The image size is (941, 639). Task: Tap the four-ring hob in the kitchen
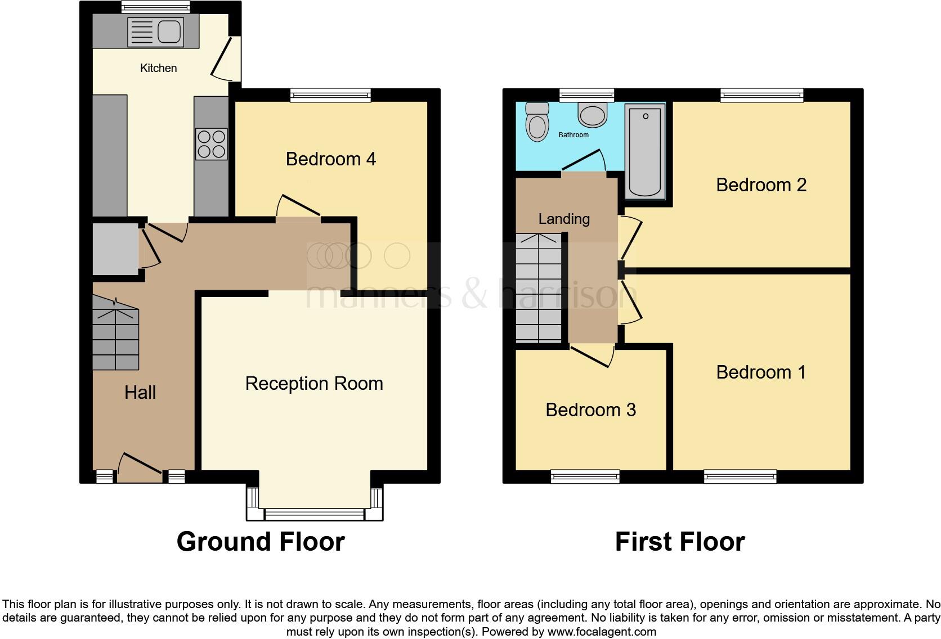point(212,144)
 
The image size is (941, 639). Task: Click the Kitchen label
point(158,68)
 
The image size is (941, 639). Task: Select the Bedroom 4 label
point(330,159)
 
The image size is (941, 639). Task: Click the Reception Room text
point(314,384)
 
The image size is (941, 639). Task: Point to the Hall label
point(140,393)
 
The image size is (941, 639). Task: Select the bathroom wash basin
point(592,115)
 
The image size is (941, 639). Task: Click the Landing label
point(564,219)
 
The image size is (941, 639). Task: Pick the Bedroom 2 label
point(761,185)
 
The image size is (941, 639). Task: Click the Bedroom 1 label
point(761,372)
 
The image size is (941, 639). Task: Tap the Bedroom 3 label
point(590,410)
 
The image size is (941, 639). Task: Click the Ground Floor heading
point(261,542)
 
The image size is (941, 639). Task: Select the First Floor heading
point(680,542)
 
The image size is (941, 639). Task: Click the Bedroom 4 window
point(330,95)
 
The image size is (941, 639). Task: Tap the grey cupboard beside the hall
point(115,249)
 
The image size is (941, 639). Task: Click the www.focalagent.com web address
point(601,632)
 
